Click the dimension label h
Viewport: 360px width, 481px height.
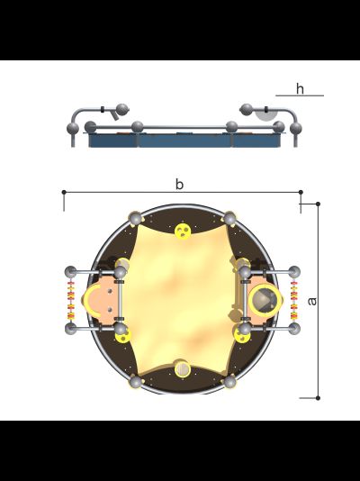coord(300,89)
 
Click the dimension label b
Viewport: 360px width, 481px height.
coord(179,185)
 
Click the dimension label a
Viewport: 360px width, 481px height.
coord(311,302)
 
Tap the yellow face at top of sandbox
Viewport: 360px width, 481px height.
coord(183,231)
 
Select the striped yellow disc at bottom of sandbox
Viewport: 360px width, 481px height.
coord(183,369)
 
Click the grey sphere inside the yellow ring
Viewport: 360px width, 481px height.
coord(265,300)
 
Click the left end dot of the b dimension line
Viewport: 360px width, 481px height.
coord(64,192)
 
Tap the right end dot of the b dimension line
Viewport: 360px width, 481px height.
coord(301,192)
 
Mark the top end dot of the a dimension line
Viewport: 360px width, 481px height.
coord(318,204)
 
